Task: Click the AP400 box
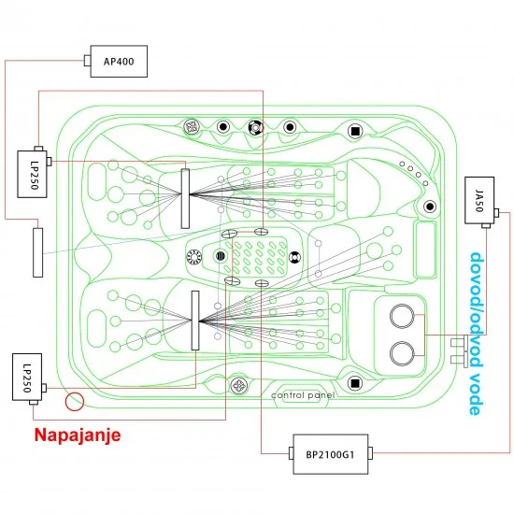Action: point(119,62)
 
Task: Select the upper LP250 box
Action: point(32,174)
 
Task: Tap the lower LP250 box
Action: point(27,377)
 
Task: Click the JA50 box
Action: point(479,200)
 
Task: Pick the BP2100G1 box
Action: point(331,454)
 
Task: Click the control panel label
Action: point(303,395)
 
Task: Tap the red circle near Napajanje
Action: point(75,402)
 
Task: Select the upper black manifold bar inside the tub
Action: point(185,199)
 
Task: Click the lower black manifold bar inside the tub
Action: point(195,321)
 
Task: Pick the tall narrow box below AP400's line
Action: point(37,252)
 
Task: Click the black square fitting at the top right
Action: point(355,131)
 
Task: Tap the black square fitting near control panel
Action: point(354,383)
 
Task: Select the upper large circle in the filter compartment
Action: point(402,316)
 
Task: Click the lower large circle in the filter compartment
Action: point(402,353)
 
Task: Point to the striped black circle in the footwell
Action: point(221,256)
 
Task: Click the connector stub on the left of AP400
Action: point(87,61)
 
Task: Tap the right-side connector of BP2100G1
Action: point(370,453)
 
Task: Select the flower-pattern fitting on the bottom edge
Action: point(239,385)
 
